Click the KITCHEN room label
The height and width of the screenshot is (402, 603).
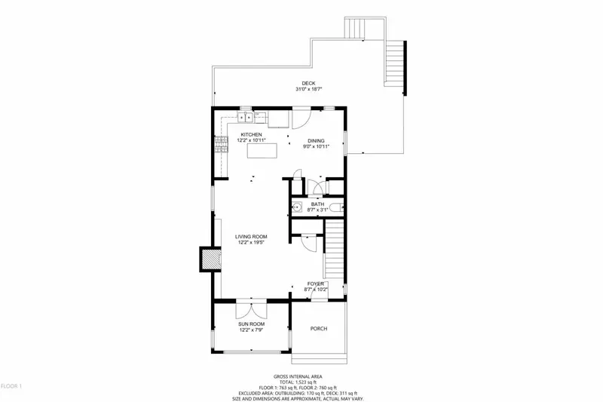(x=251, y=134)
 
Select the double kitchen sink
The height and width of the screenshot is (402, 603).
(x=248, y=117)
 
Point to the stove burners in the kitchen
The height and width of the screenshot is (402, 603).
(x=221, y=144)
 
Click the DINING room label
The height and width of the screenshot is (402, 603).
(x=317, y=140)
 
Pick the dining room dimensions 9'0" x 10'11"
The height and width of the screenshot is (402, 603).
(x=317, y=146)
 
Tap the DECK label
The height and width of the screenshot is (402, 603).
(x=309, y=84)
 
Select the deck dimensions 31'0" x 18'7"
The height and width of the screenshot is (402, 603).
(x=309, y=90)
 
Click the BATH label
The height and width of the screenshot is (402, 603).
(x=317, y=204)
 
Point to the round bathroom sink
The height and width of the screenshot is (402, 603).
(x=296, y=207)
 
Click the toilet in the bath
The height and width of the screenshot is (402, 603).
(x=339, y=207)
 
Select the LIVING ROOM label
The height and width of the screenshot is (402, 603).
(x=251, y=237)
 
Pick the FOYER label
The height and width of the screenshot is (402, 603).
(x=315, y=284)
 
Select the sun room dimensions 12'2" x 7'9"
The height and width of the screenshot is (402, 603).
(x=251, y=330)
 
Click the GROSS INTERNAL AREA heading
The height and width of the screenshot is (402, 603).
(x=301, y=376)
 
